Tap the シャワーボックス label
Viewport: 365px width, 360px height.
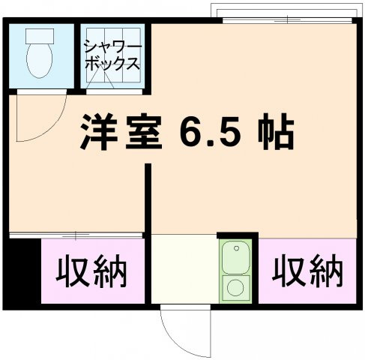click(111, 54)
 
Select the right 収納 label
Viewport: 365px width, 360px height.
click(307, 271)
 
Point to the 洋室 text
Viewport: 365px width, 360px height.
click(121, 135)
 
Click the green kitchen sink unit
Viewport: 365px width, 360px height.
click(238, 270)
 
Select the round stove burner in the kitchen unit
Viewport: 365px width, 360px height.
click(237, 286)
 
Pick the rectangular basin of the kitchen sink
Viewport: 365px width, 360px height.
click(238, 256)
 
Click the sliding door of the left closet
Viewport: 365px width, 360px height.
click(75, 235)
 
